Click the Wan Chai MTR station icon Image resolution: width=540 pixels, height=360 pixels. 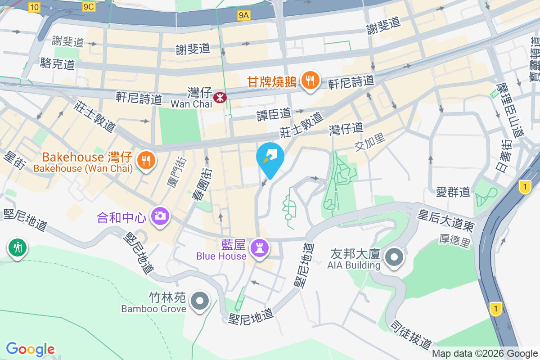[x=220, y=97]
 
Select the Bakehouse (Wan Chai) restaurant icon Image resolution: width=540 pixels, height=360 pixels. [x=145, y=160]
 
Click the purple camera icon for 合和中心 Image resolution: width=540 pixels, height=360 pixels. [x=159, y=216]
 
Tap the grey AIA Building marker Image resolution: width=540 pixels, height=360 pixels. [x=395, y=257]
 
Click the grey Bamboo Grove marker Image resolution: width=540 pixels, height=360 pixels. [x=199, y=300]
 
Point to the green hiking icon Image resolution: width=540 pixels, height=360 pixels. [x=17, y=247]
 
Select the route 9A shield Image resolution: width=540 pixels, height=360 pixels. [x=243, y=16]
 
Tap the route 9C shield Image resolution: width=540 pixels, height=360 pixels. [x=89, y=6]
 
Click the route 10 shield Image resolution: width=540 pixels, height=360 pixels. [x=34, y=6]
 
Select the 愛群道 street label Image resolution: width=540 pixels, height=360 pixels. [x=453, y=192]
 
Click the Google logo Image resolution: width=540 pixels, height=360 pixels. [x=31, y=349]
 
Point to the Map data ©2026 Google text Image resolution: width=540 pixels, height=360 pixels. [x=485, y=354]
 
